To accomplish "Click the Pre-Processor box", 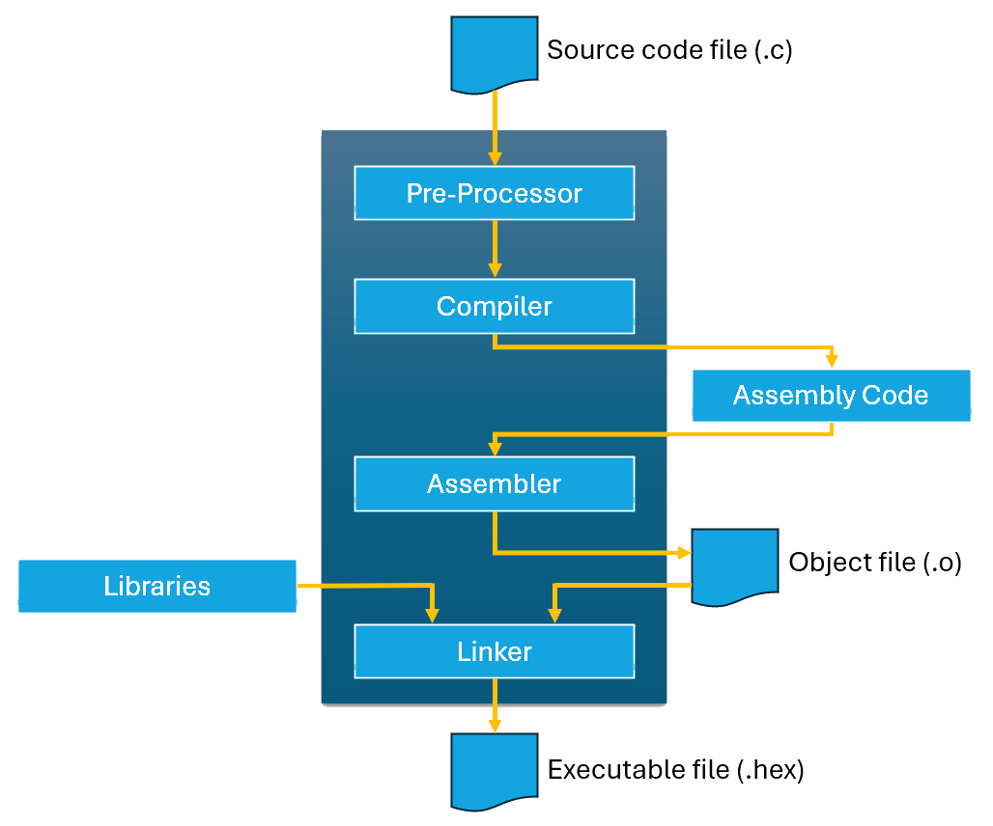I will point(494,193).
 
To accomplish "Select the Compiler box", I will point(494,307).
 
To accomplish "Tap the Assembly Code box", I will point(831,396).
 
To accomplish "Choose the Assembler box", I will point(494,483).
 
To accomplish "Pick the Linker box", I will point(494,651).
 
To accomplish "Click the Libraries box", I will point(156,586).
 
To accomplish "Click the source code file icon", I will point(494,54).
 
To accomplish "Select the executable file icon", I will point(494,770).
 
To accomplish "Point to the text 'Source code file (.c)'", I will point(669,50).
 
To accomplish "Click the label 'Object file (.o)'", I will point(875,563).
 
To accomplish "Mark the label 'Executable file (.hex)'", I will point(675,770).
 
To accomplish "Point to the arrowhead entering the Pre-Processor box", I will point(495,157).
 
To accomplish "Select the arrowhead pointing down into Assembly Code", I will point(832,360).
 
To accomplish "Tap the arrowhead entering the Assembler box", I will point(495,448).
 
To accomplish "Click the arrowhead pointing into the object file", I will point(683,553).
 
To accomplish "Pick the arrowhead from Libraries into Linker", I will point(432,615).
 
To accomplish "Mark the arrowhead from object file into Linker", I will point(555,615).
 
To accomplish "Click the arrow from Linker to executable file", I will point(495,704).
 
